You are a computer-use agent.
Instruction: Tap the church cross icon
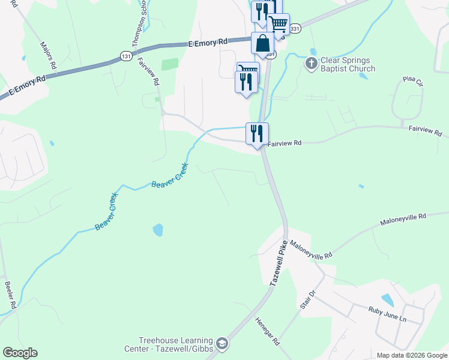tap(311, 62)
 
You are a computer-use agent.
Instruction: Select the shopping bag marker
tap(262, 44)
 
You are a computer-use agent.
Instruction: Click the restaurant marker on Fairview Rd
tap(257, 133)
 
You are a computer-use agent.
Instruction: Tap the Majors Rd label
tap(48, 55)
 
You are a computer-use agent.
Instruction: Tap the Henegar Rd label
tap(268, 331)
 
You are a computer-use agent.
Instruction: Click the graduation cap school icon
tap(222, 343)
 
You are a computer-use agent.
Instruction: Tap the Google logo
tap(20, 353)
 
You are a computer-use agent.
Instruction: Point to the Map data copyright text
tap(411, 355)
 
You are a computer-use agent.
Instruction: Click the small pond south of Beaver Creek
tap(158, 229)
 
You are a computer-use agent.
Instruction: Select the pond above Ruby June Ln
tap(387, 299)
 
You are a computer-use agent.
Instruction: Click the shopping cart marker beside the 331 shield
tap(278, 24)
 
